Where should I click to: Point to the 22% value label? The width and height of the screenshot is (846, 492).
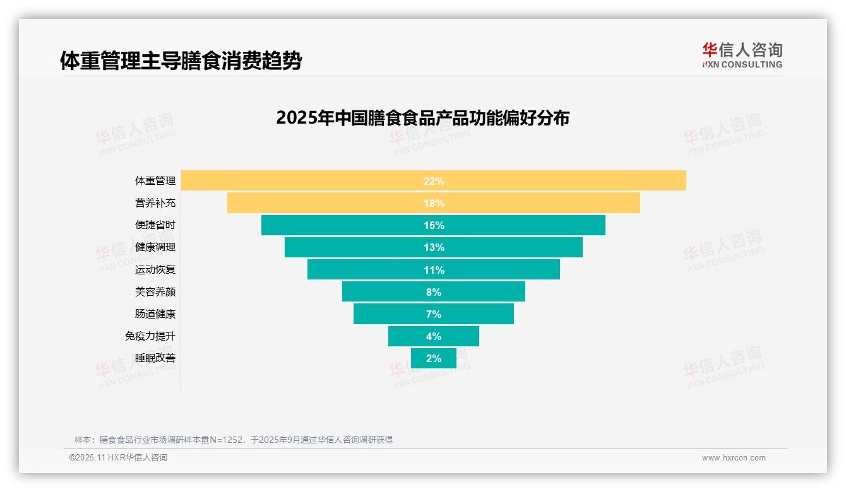434,181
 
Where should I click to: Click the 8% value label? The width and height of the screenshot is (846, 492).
434,292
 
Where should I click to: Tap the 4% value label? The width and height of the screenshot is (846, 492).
434,336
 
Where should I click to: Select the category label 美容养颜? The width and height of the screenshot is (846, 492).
155,292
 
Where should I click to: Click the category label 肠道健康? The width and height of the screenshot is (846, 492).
155,314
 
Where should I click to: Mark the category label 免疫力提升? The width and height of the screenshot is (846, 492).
150,336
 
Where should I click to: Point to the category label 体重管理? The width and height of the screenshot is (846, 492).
155,181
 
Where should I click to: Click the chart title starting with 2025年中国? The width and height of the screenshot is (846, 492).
422,118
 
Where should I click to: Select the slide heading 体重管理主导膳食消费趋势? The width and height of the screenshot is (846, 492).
181,61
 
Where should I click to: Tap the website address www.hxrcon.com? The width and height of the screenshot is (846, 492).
734,458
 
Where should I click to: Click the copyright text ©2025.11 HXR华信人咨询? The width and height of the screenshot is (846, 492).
118,458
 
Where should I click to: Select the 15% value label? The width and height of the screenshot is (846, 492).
434,225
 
